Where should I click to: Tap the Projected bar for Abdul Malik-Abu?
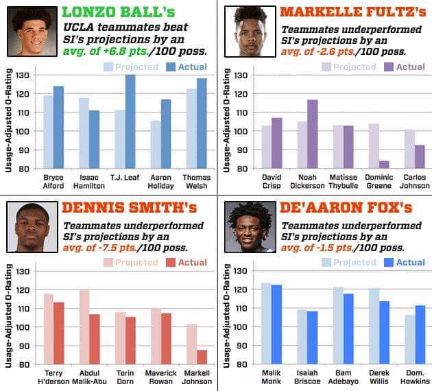point(84,327)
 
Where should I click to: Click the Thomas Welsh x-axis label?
point(197,182)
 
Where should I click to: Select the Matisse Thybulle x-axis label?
point(343,182)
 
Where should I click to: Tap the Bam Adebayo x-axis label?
point(343,378)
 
